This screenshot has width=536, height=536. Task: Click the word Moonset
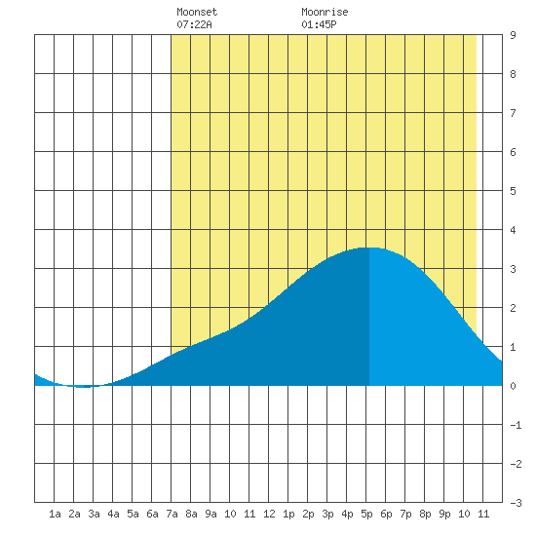click(x=197, y=12)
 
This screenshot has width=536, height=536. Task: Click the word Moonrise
click(x=325, y=12)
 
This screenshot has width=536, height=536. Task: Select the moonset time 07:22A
click(x=194, y=24)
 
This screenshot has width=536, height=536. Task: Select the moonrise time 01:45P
click(x=319, y=24)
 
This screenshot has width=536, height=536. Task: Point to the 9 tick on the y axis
click(x=513, y=35)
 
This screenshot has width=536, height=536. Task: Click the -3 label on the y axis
click(x=516, y=503)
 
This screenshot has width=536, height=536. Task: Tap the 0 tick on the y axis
click(x=513, y=386)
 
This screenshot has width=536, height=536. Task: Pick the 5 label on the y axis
click(x=513, y=191)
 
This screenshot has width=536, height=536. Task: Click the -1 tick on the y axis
click(x=516, y=425)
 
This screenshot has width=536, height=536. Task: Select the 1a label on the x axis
click(x=55, y=514)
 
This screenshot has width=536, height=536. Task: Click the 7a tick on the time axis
click(x=172, y=514)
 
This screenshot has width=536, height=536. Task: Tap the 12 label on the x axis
click(x=269, y=514)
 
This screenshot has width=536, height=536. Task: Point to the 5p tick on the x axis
click(x=366, y=514)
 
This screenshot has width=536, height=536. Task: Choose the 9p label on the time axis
click(x=444, y=514)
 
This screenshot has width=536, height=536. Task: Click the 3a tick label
click(x=94, y=514)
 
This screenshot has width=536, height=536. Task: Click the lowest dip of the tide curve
click(x=81, y=387)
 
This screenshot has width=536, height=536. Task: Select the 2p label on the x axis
click(x=308, y=514)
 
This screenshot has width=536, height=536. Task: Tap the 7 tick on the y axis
click(x=513, y=113)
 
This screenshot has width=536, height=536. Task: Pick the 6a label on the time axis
click(x=152, y=514)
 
